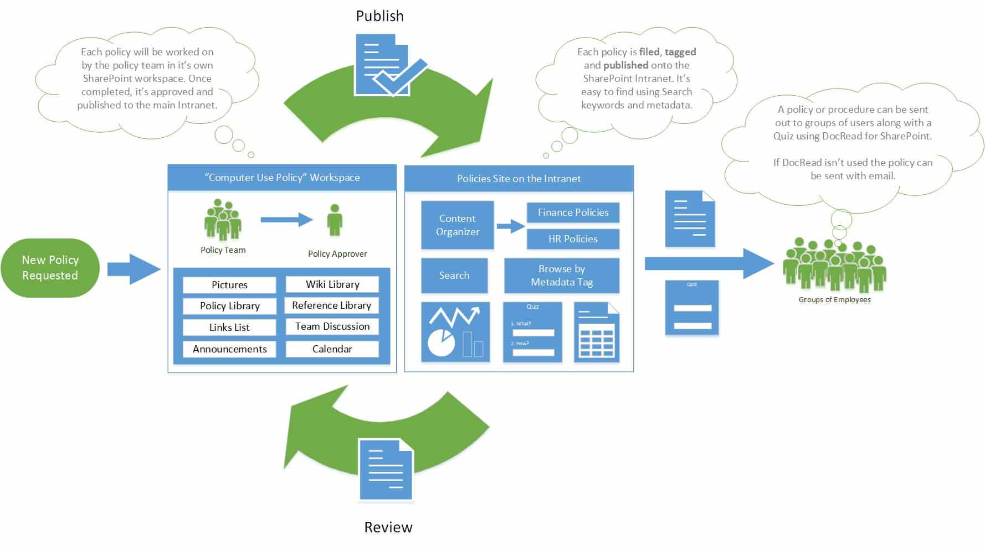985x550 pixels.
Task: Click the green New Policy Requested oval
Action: (x=50, y=268)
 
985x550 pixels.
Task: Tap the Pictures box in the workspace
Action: (x=229, y=285)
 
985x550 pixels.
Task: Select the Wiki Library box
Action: (x=332, y=284)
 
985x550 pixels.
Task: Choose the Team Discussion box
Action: (x=332, y=326)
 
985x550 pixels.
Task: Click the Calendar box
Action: (x=332, y=349)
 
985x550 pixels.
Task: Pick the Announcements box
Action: (x=229, y=349)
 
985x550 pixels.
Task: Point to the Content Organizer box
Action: (x=457, y=225)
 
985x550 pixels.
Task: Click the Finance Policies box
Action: (x=573, y=212)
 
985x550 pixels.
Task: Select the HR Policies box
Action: (x=573, y=239)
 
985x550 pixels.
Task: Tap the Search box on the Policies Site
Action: (x=454, y=276)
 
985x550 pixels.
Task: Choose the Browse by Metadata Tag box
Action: (x=562, y=276)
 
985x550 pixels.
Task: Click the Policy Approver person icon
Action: (x=334, y=220)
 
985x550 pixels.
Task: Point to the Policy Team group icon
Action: (x=223, y=220)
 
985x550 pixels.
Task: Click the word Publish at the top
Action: (x=379, y=16)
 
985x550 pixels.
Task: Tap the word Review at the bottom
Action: (x=388, y=527)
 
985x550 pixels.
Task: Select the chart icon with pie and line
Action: (x=455, y=332)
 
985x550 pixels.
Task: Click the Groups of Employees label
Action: (x=834, y=300)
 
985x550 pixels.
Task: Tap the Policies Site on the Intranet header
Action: (x=519, y=179)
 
